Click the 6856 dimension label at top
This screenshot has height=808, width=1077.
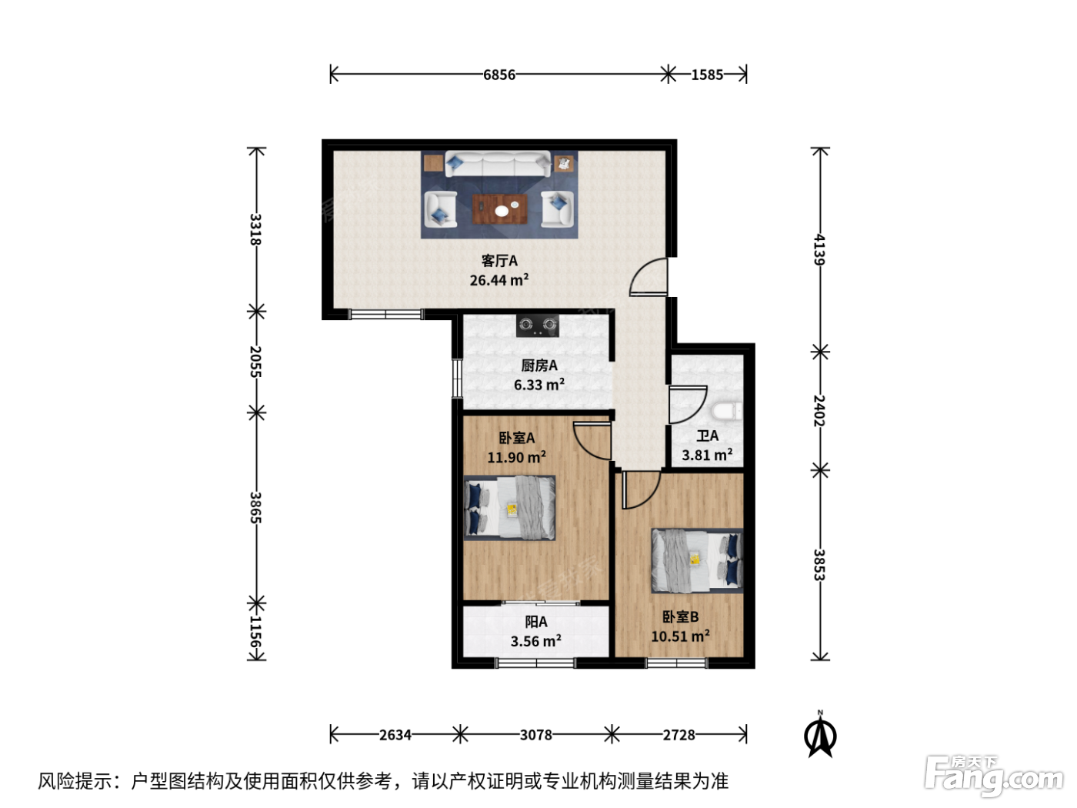499,75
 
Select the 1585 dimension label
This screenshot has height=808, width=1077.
707,75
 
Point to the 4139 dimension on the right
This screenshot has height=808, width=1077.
819,249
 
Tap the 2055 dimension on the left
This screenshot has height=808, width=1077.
255,362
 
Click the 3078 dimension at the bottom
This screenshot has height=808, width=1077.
535,735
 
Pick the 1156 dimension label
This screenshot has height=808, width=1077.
255,632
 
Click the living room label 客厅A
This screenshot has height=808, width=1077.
499,261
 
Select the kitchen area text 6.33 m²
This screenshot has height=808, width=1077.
538,385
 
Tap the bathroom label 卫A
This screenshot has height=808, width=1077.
707,435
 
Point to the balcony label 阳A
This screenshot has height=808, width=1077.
535,622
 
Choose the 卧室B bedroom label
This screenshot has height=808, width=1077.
680,616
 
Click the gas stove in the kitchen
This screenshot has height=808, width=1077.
537,326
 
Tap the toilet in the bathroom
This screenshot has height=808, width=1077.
726,411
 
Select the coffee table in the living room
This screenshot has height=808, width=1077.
499,209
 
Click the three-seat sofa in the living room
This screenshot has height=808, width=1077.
497,164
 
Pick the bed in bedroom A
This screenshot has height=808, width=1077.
509,508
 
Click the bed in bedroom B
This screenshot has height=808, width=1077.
697,561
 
